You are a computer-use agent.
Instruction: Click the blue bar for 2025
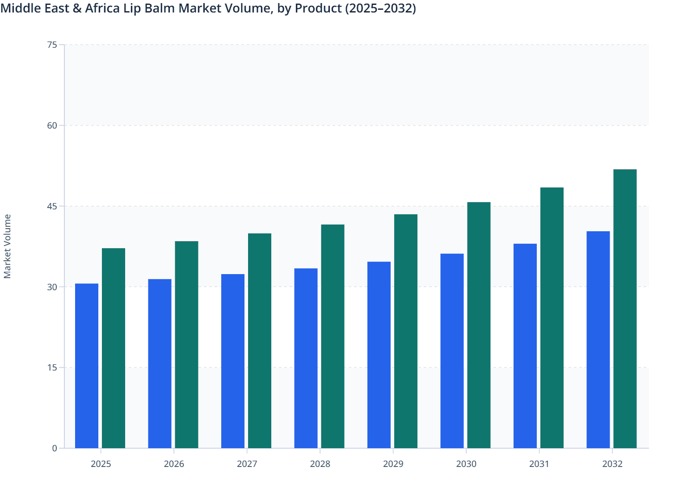point(87,366)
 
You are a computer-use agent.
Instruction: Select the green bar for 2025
point(114,348)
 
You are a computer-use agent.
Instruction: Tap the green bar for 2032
point(625,308)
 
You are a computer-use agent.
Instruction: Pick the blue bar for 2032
point(598,339)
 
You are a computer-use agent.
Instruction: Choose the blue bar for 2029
point(379,355)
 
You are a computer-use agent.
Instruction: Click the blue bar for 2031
point(525,346)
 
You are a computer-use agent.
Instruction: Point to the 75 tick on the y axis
point(52,45)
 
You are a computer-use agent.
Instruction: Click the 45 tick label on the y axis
point(52,206)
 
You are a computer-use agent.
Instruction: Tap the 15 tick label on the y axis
point(52,367)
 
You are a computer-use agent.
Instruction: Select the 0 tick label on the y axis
point(55,448)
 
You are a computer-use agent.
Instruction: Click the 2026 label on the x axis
point(174,464)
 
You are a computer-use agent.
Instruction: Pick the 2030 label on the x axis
point(466,464)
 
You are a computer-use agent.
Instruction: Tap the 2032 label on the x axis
point(612,464)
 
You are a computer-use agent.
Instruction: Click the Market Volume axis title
point(8,246)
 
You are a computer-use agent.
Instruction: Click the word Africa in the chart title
point(102,8)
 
